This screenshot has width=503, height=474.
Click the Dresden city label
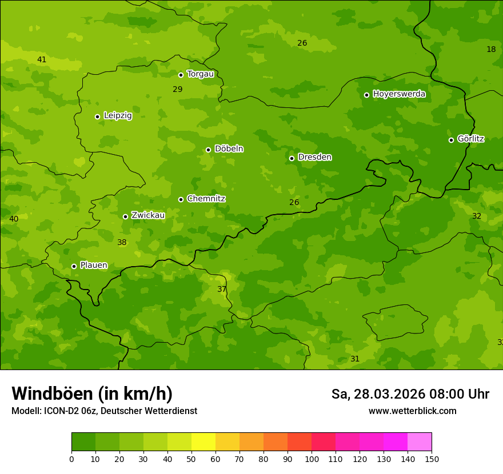[x=314, y=157]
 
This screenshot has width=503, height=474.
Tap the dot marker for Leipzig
[x=97, y=117]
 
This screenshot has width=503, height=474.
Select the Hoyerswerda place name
[x=399, y=94]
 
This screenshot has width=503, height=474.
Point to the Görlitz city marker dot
[x=451, y=140]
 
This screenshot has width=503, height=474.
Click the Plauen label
[x=94, y=266]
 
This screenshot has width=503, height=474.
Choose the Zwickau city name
[x=148, y=215]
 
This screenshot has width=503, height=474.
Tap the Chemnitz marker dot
[x=181, y=199]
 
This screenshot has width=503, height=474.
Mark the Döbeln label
[x=229, y=149]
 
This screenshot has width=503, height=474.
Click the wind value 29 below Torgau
[x=178, y=89]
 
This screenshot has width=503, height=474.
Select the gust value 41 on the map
[x=42, y=59]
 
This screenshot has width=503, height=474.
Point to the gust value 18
[x=491, y=49]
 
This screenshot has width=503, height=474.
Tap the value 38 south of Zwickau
[x=122, y=242]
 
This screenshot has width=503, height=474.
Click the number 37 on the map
[x=222, y=290]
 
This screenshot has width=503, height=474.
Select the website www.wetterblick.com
[x=412, y=411]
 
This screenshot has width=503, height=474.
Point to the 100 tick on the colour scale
[x=312, y=459]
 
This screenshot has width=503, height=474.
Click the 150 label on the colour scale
[x=432, y=459]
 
